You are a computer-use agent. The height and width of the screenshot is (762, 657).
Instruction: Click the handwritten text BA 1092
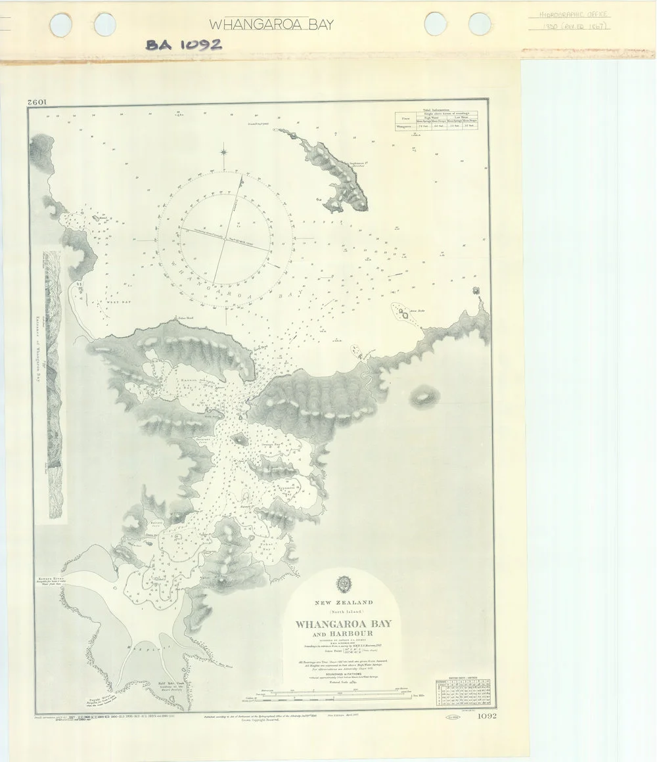(183, 44)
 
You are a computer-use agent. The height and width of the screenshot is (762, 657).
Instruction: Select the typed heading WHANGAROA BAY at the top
(271, 25)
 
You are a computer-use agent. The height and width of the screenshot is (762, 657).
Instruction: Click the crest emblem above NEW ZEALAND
(342, 583)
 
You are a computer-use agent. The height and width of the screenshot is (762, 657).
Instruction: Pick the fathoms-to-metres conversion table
(464, 694)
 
